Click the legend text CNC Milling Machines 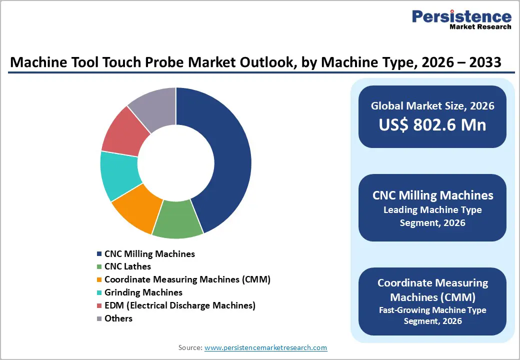click(149, 254)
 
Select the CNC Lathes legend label click(127, 266)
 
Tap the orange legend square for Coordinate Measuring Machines click(99, 280)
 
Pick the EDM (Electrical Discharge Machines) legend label click(179, 305)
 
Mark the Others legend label click(118, 318)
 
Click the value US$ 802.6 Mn click(432, 125)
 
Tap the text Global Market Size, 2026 click(432, 105)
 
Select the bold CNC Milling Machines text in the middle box click(432, 195)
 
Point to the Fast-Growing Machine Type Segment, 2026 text click(432, 315)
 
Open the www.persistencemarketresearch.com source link click(265, 347)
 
